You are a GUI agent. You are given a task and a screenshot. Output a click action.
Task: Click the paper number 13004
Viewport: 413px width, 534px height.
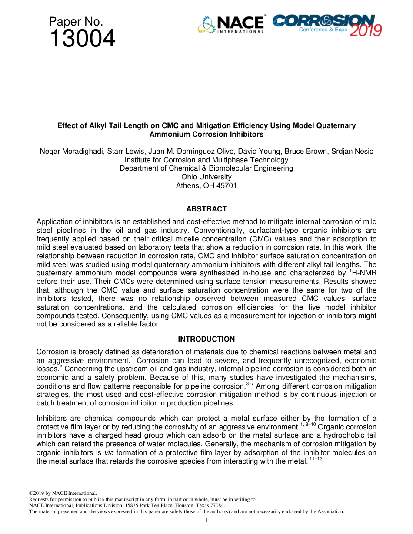click(82, 39)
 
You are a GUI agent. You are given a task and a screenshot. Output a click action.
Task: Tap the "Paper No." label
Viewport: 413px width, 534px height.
click(76, 22)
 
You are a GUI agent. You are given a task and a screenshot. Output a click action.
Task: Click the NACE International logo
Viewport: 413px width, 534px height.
click(231, 24)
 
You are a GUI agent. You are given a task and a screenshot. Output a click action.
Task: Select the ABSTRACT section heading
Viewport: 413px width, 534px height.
click(206, 209)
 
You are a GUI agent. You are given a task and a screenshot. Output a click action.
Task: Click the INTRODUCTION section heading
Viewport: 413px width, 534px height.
click(206, 339)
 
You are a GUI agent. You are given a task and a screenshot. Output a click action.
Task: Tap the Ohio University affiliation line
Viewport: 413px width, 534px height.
click(206, 177)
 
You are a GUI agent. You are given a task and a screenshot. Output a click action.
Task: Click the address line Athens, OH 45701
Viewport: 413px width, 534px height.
click(206, 185)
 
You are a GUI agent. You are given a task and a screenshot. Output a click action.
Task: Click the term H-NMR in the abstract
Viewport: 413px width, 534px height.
click(363, 273)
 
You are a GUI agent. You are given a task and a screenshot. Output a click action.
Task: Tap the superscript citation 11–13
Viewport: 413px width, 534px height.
click(316, 459)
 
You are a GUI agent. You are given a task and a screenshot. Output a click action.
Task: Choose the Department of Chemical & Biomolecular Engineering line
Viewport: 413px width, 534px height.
click(206, 168)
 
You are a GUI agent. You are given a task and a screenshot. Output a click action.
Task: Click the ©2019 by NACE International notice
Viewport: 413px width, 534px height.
click(63, 493)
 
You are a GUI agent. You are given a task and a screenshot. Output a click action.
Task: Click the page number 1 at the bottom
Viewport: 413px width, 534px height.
click(206, 521)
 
